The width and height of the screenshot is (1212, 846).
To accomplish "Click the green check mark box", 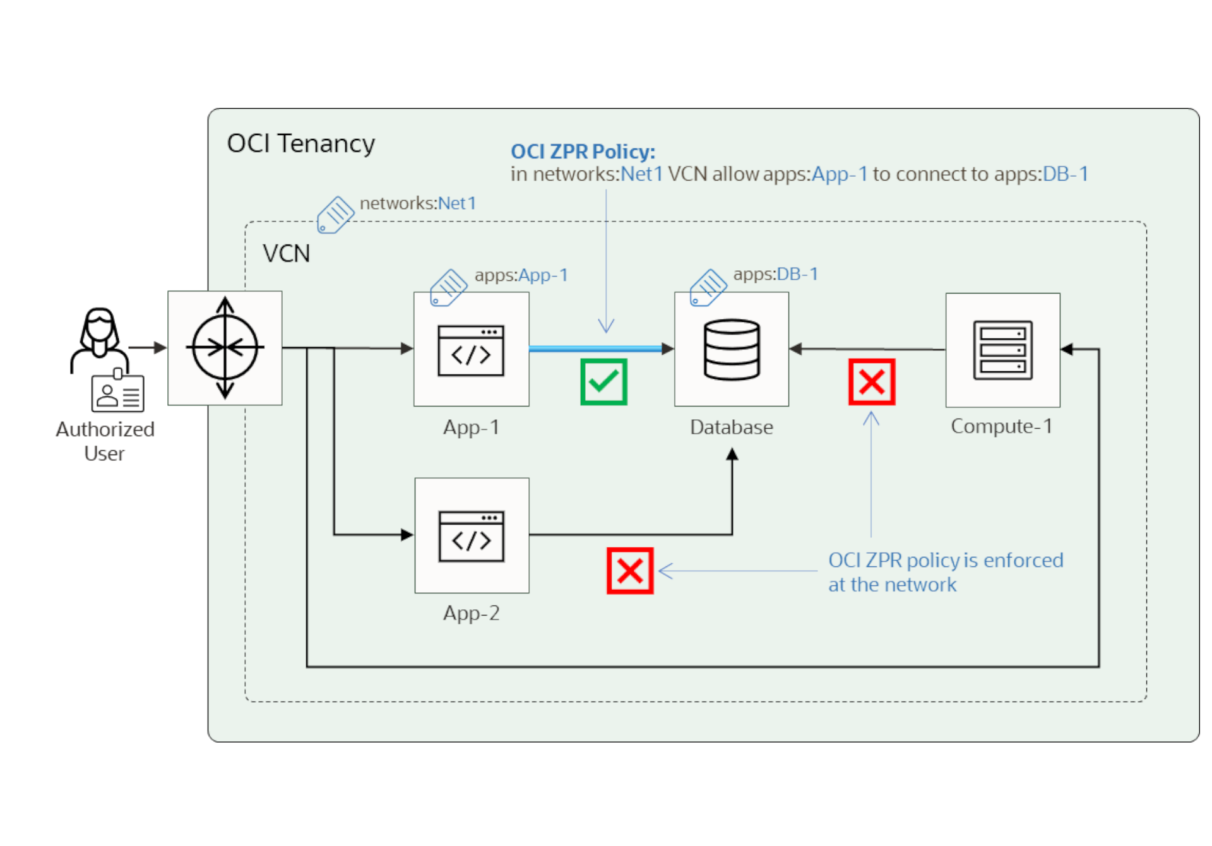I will [x=603, y=382].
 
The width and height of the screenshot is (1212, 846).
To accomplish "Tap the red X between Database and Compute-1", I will [x=872, y=382].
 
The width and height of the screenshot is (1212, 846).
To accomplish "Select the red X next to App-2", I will [x=630, y=571].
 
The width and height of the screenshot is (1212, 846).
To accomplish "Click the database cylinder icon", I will [x=732, y=350].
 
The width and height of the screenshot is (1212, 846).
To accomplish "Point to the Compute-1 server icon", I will [x=1002, y=350].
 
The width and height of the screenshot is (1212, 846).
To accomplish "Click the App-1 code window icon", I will [x=471, y=350].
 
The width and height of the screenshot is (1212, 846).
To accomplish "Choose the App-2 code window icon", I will [x=471, y=536].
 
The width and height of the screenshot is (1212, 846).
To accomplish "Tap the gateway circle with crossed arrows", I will [x=225, y=348].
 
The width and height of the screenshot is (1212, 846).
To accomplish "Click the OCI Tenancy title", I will [x=300, y=144].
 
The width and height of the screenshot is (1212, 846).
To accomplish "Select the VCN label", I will [x=286, y=254].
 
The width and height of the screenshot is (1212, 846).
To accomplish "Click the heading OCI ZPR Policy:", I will [x=583, y=152].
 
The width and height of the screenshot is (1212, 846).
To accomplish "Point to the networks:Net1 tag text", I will [x=417, y=203].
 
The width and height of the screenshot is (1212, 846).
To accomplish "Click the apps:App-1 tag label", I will [x=521, y=275].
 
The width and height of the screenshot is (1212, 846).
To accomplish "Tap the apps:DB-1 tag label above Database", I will [x=775, y=274].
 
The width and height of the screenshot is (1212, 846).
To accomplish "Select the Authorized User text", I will [x=105, y=441].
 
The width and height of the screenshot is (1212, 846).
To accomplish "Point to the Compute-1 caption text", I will [x=1002, y=426].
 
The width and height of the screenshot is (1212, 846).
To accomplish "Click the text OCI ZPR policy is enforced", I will [x=946, y=560].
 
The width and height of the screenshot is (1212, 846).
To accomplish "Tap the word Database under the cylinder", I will [x=731, y=427].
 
